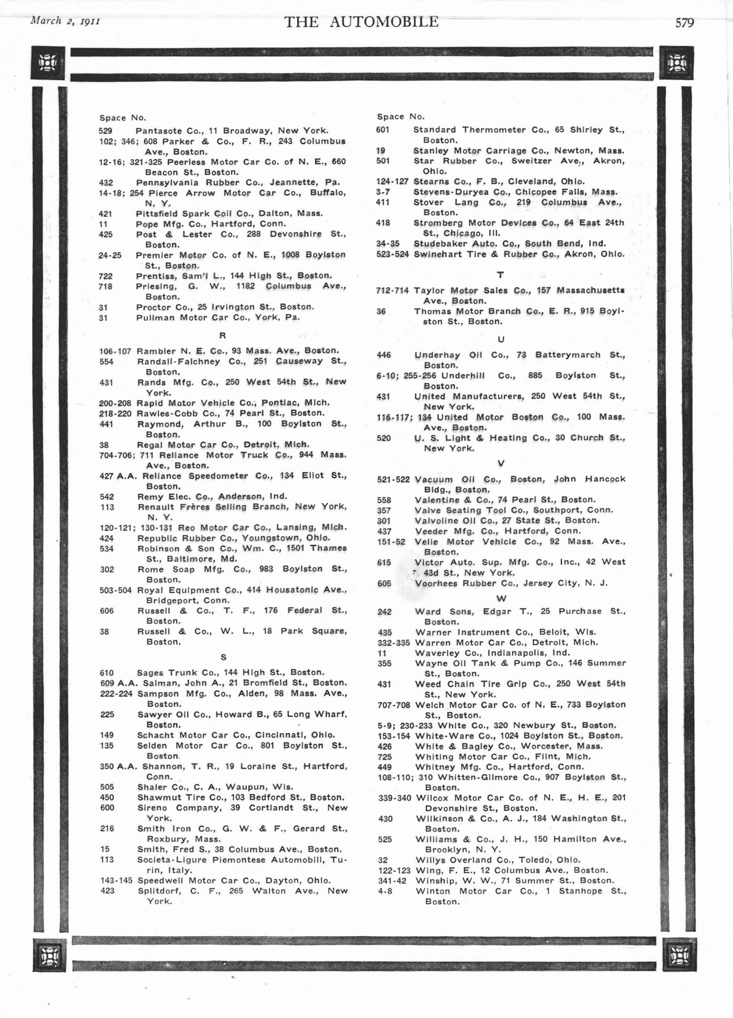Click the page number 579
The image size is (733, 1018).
click(x=684, y=22)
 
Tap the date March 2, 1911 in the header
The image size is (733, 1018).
click(x=65, y=21)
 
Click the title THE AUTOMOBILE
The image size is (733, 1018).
click(x=361, y=22)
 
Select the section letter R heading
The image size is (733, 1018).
click(x=222, y=336)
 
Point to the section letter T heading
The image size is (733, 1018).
click(x=501, y=275)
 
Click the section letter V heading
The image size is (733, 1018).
click(x=501, y=463)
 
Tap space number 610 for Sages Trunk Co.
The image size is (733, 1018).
click(x=107, y=673)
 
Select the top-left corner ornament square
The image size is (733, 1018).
click(x=48, y=63)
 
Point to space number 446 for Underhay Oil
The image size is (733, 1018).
click(x=383, y=355)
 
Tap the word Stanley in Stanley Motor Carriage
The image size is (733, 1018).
click(x=430, y=151)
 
